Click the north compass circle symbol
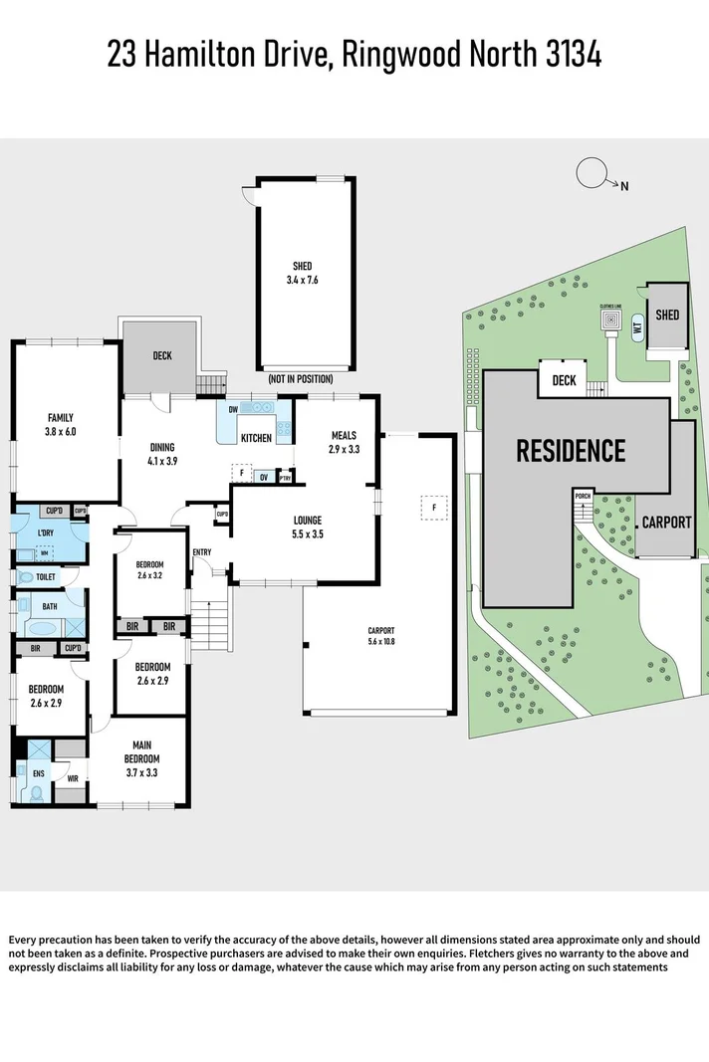pyautogui.click(x=591, y=172)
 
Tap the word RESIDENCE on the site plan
pyautogui.click(x=571, y=451)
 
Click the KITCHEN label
pyautogui.click(x=256, y=438)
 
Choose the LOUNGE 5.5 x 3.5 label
pyautogui.click(x=307, y=527)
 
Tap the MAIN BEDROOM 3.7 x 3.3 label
pyautogui.click(x=141, y=751)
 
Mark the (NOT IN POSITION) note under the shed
pyautogui.click(x=300, y=379)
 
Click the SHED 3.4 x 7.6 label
pyautogui.click(x=302, y=272)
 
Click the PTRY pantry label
pyautogui.click(x=285, y=478)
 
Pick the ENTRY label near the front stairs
pyautogui.click(x=202, y=552)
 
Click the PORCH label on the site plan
pyautogui.click(x=584, y=495)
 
